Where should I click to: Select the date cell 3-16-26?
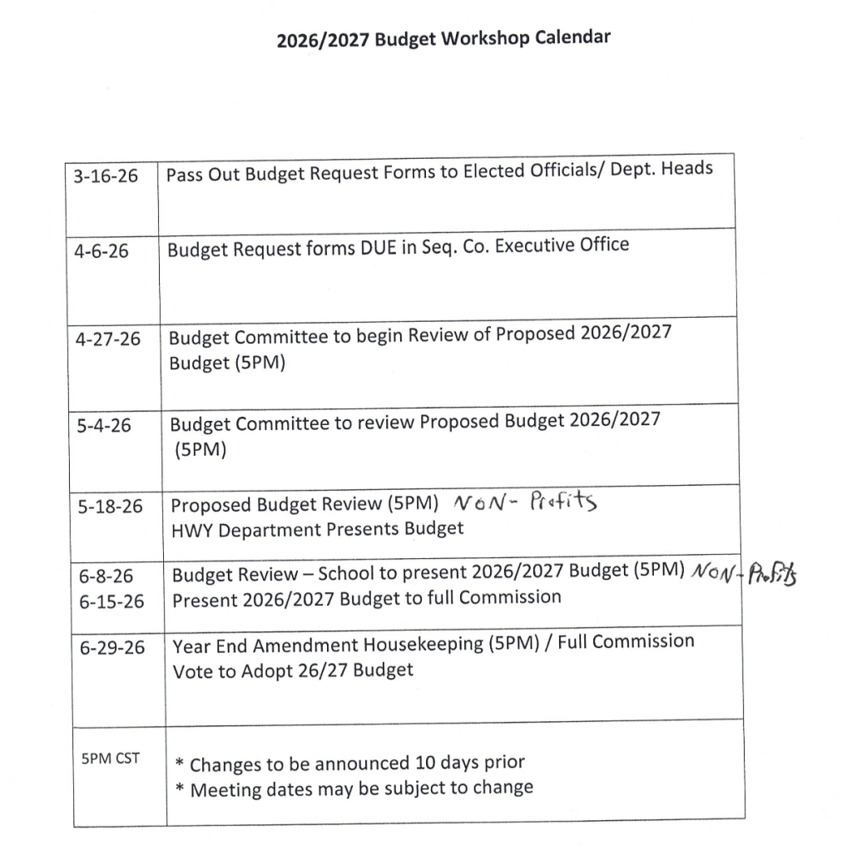coord(106,177)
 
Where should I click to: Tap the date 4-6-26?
coord(101,250)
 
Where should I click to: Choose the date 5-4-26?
coord(104,425)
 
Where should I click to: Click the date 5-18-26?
coord(110,506)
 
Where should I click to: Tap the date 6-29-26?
coord(111,647)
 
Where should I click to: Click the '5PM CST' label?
coord(111,759)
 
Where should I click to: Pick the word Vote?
coord(192,671)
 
